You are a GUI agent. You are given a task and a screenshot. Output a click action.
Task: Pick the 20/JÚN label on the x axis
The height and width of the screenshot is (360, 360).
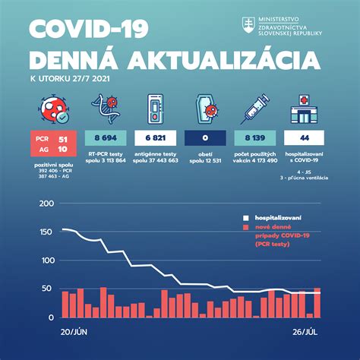(x=75, y=332)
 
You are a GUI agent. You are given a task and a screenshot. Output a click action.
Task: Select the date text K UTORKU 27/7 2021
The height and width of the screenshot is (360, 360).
(x=72, y=78)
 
